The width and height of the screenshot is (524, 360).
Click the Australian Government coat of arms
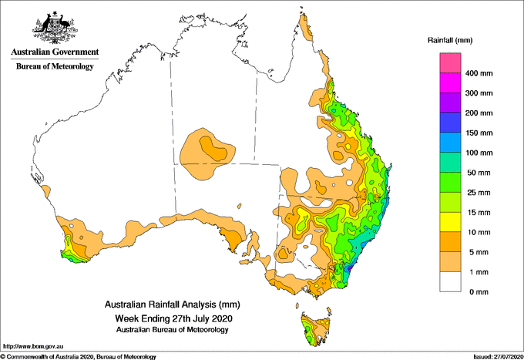[55, 28]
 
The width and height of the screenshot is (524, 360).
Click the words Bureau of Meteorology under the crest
[55, 66]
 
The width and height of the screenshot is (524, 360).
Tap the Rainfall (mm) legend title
[450, 40]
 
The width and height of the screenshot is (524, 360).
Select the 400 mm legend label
[479, 73]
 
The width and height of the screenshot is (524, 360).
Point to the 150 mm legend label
[479, 133]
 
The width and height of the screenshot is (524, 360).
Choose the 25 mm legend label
[479, 193]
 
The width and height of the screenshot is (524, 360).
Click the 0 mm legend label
[479, 292]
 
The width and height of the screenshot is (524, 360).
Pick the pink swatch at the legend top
[450, 63]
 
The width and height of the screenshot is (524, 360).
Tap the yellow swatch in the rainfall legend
[450, 222]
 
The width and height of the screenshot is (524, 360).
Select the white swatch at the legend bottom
[450, 281]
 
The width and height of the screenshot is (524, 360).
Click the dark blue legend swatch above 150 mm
[450, 123]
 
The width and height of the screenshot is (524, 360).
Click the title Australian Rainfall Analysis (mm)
[173, 304]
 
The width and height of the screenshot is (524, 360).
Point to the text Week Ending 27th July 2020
[173, 318]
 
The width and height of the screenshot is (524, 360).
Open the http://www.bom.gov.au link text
[33, 346]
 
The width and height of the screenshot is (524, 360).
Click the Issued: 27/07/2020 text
[499, 357]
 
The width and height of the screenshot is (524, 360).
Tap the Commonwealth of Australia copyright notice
[78, 357]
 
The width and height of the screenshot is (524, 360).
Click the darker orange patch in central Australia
[213, 149]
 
